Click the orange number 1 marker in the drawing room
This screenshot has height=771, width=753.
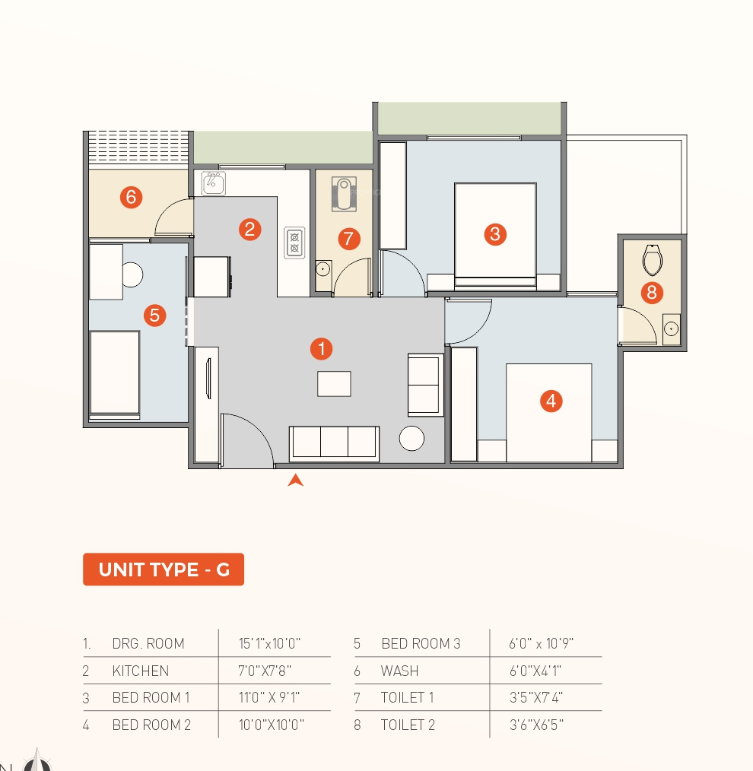click(321, 348)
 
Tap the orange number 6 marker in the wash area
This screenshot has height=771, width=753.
click(131, 197)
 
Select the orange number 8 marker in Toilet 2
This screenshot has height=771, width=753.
click(652, 293)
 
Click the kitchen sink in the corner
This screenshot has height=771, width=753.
click(214, 183)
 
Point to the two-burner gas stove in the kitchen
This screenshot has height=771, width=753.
click(294, 243)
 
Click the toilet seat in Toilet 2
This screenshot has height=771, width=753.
click(652, 259)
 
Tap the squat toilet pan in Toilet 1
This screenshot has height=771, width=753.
click(344, 194)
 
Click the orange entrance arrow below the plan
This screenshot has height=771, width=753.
click(296, 480)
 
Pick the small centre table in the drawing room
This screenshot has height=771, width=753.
click(334, 383)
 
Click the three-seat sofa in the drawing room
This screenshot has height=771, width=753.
click(334, 443)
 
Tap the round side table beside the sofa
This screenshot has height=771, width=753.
click(411, 438)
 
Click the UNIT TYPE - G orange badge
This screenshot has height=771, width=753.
click(164, 570)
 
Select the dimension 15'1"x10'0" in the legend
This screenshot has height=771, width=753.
click(269, 643)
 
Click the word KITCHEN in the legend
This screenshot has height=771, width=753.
click(140, 671)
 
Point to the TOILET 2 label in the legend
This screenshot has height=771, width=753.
click(408, 725)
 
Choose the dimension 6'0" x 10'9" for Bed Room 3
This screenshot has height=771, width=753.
click(541, 643)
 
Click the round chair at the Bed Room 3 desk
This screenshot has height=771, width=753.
click(132, 274)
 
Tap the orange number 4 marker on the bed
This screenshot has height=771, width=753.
click(551, 401)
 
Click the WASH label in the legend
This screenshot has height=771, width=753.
click(399, 671)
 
